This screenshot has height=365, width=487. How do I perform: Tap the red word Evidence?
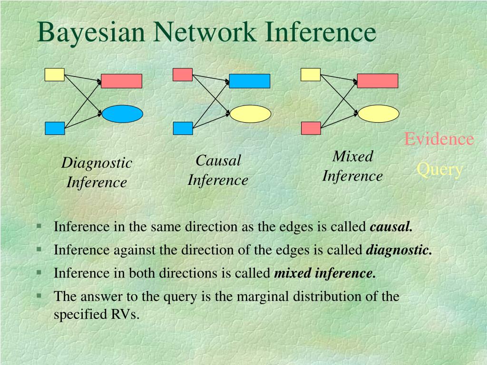point(439,139)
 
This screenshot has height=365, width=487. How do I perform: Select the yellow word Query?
point(440,169)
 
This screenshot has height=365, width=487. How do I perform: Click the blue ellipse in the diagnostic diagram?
point(122,114)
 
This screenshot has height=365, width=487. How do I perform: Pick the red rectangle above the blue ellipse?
point(122,81)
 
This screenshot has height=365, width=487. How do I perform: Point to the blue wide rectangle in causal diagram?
point(250,81)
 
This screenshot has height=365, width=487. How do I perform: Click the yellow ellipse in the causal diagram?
point(251,114)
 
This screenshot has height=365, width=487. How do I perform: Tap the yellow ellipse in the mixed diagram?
point(378,114)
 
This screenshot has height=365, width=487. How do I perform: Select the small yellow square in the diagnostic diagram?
point(55,75)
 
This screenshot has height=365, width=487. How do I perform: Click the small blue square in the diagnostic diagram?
point(55,128)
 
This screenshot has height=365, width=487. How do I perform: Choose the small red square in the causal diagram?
point(183,75)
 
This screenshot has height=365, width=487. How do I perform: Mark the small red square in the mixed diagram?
point(311,128)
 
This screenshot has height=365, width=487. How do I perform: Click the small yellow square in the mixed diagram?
point(311,75)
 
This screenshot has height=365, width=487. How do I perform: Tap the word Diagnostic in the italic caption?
point(97,163)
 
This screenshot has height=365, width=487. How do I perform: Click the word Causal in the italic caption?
point(218,161)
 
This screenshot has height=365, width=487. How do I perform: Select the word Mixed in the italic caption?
point(353,156)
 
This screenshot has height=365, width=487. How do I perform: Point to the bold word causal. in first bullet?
point(391,227)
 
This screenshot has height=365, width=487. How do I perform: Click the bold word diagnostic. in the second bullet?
point(399,250)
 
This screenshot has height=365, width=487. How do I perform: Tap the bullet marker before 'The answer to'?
point(39,295)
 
